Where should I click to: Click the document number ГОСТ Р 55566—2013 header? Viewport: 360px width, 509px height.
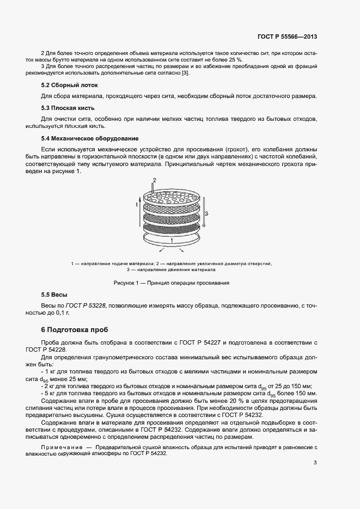point(287,37)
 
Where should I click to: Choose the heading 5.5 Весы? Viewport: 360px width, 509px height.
point(54,295)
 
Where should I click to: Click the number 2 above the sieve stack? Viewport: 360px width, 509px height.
point(155,180)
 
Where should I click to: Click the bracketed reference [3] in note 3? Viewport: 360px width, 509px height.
point(185,73)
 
